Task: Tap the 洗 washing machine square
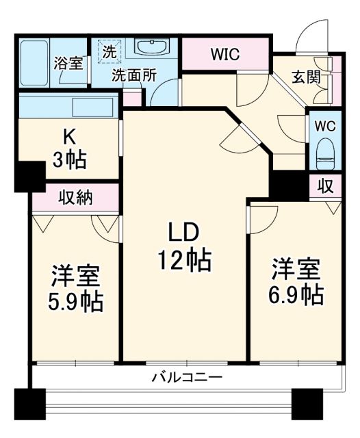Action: tap(109, 50)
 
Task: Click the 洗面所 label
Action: tap(136, 76)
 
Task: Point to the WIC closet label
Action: tap(224, 54)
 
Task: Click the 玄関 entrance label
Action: tap(306, 76)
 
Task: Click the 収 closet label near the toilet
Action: tap(326, 185)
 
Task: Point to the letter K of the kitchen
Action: tap(69, 136)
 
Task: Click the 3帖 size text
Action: tap(69, 160)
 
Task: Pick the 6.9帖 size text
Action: tap(296, 294)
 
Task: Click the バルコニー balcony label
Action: tap(185, 376)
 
